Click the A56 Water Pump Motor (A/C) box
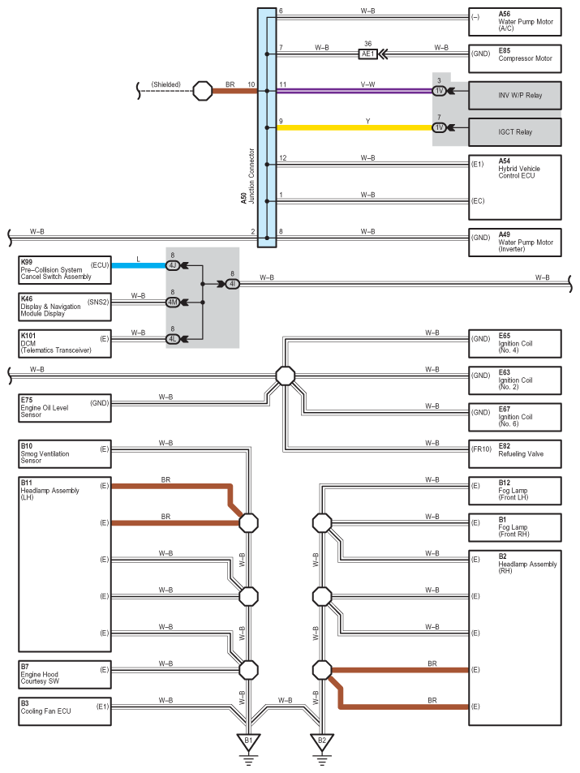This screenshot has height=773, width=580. click(x=515, y=22)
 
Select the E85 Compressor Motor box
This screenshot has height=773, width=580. click(x=515, y=58)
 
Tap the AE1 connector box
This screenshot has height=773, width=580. click(x=368, y=54)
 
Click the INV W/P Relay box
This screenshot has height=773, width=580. click(x=515, y=95)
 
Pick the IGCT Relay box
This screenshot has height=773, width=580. click(x=515, y=132)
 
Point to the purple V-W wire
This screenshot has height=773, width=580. click(x=354, y=91)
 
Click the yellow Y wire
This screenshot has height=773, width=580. click(x=354, y=127)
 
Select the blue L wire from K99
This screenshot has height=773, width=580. click(x=139, y=265)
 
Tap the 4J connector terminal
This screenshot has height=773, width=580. click(x=173, y=266)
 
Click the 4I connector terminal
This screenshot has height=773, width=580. click(x=232, y=284)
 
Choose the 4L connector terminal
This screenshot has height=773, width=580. click(x=173, y=339)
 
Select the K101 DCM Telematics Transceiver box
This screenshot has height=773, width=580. click(x=65, y=344)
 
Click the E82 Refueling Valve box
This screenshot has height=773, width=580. click(x=515, y=453)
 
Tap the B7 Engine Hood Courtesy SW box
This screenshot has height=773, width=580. click(x=65, y=674)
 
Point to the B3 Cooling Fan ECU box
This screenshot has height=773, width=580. click(x=65, y=711)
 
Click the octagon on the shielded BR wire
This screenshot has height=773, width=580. click(x=202, y=91)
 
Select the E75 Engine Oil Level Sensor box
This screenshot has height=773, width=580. click(x=65, y=408)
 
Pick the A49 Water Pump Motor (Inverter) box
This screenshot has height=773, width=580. click(x=515, y=242)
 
